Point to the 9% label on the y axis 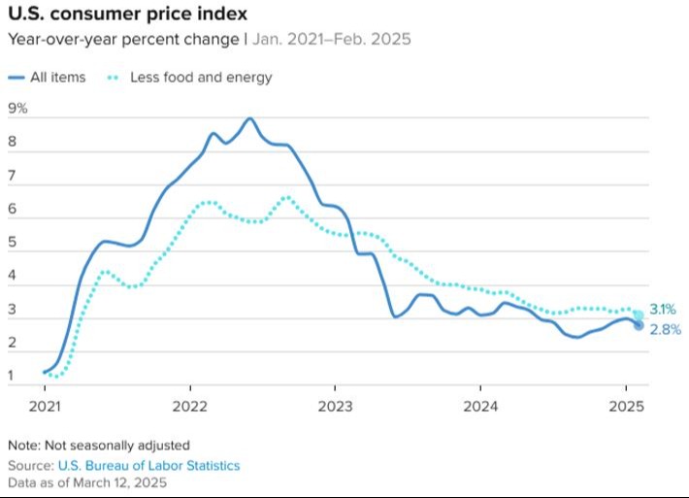pos(17,109)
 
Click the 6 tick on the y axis pos(12,210)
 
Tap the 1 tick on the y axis pos(12,376)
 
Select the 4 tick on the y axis pos(12,277)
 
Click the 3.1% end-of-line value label pos(665,310)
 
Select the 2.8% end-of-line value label pos(665,330)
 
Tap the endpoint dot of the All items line pos(639,325)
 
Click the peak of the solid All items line pos(250,118)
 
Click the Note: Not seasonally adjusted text pos(99,446)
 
